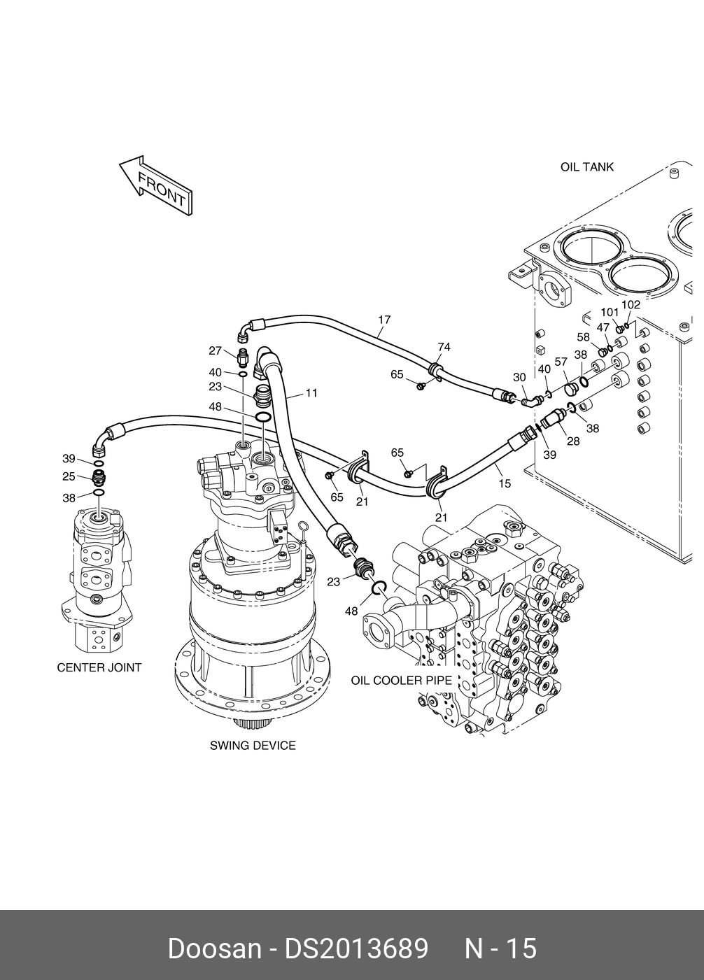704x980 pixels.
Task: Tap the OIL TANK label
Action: pos(586,166)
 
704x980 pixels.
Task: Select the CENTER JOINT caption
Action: pos(99,667)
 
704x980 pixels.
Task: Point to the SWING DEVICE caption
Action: pos(253,746)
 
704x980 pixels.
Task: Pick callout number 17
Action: pos(384,320)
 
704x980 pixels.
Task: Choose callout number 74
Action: pos(444,347)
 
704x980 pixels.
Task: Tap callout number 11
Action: pos(311,393)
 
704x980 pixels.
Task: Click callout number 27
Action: pos(215,350)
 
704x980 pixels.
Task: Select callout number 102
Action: pos(631,304)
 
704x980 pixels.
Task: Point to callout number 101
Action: pos(610,313)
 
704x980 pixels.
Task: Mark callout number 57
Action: pos(561,362)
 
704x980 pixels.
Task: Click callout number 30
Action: pos(519,377)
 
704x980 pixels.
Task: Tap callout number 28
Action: pos(573,441)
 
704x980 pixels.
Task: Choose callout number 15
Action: pos(505,483)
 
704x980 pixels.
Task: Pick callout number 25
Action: pos(69,476)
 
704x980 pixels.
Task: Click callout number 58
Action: pos(583,337)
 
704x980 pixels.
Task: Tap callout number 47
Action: pos(603,327)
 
